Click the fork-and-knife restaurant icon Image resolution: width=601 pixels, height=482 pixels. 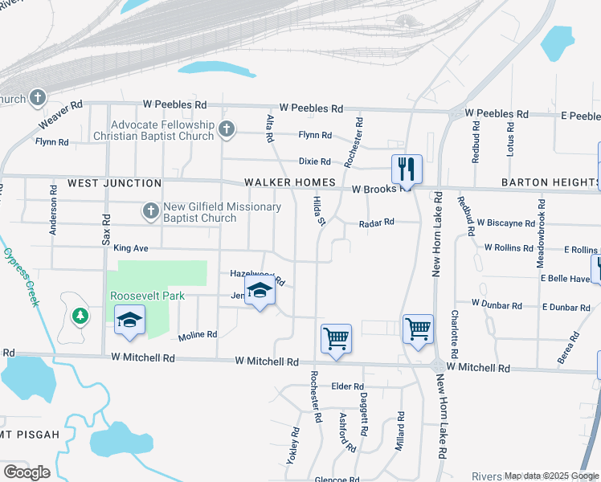[x=406, y=169]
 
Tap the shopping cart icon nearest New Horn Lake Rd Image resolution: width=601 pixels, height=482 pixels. [x=418, y=328]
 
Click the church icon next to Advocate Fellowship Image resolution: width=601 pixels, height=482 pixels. [x=227, y=129]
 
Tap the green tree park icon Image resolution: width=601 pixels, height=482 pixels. [x=80, y=315]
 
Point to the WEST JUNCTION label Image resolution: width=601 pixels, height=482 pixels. [x=105, y=183]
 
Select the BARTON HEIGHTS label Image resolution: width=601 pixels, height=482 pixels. [x=550, y=183]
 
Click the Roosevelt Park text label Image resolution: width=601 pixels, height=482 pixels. [x=147, y=296]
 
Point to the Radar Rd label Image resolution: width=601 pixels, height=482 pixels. [x=377, y=223]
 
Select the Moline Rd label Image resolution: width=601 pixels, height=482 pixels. [x=198, y=334]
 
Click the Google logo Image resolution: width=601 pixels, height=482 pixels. [x=27, y=472]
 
